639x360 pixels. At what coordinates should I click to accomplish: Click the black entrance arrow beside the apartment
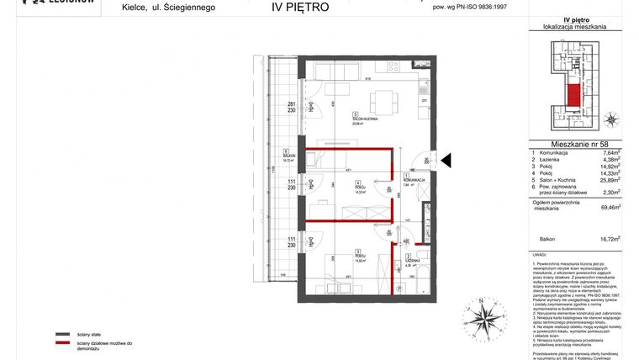pos(446,160)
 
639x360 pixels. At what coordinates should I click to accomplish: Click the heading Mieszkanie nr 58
pos(575,144)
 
